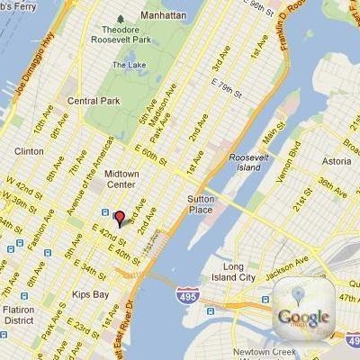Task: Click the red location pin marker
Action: tap(117, 217)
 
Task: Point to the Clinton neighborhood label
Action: tap(28, 151)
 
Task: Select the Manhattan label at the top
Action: tap(163, 15)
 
